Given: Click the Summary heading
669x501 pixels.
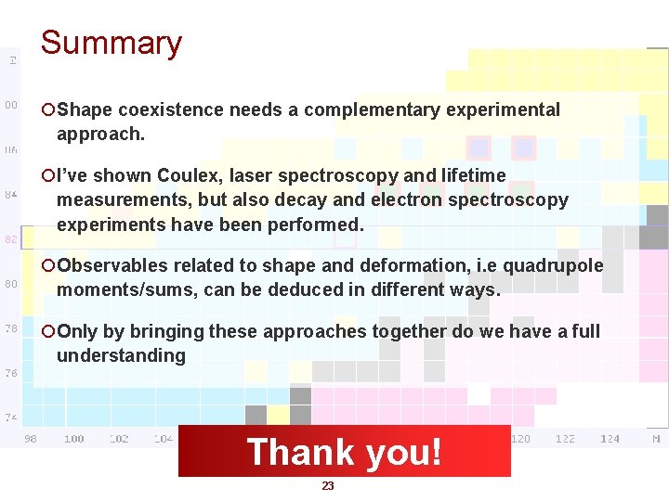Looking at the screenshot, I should click(111, 43).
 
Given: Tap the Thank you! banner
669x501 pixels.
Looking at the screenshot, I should click(344, 452).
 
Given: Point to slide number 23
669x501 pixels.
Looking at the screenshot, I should click(327, 486).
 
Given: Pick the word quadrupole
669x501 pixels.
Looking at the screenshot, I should click(554, 266).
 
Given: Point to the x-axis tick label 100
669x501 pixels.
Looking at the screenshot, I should click(74, 439).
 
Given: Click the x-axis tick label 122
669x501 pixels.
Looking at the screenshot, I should click(565, 439).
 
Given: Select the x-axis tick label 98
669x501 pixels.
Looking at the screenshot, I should click(30, 439).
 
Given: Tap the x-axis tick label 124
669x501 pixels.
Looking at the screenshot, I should click(610, 439).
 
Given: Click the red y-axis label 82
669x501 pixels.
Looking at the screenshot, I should click(11, 239).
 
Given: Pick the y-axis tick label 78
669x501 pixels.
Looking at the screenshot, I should click(11, 328).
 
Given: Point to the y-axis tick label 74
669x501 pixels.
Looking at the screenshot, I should click(11, 417).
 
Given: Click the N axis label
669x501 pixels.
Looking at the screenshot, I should click(655, 439).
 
